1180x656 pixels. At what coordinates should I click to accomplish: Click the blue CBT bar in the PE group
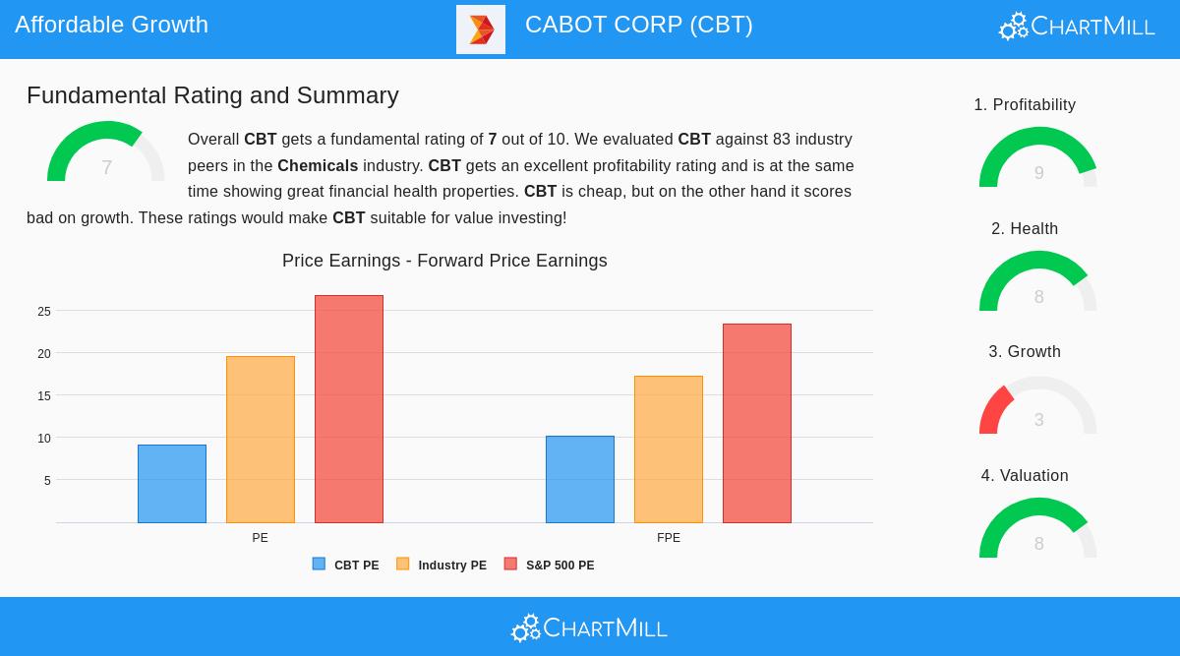172,484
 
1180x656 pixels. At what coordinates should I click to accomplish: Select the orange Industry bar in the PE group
261,440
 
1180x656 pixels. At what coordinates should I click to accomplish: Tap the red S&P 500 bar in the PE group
349,409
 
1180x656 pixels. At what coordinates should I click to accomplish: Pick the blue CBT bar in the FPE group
580,479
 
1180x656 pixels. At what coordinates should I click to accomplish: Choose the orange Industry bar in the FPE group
669,449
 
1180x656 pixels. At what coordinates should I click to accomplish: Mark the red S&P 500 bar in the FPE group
757,423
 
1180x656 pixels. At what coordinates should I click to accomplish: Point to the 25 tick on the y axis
44,312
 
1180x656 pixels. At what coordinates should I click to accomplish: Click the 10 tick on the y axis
44,439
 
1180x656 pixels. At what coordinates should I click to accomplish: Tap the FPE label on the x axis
669,538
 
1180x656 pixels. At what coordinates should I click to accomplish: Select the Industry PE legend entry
442,566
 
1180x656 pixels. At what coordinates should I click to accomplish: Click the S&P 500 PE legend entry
550,566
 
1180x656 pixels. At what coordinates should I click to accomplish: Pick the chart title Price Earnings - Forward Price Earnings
444,261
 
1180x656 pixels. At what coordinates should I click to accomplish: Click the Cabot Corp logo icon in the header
481,30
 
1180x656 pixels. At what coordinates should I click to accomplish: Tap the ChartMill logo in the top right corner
1077,27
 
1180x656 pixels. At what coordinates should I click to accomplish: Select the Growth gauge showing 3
1038,407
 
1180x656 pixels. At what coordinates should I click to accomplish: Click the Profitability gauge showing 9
1038,159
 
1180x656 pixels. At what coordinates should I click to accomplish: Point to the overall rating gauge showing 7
106,154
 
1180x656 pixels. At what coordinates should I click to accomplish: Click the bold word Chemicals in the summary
318,165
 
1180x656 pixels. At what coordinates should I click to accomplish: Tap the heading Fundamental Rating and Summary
212,95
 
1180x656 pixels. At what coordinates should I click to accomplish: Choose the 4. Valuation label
1025,476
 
